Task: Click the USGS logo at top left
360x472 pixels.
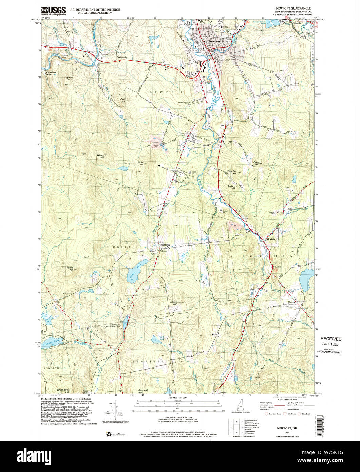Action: (x=53, y=11)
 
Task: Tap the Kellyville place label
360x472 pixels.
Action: (x=122, y=57)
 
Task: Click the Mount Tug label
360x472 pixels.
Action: (x=70, y=78)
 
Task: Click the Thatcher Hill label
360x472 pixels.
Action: (x=232, y=173)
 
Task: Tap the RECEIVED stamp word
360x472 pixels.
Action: (x=331, y=339)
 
